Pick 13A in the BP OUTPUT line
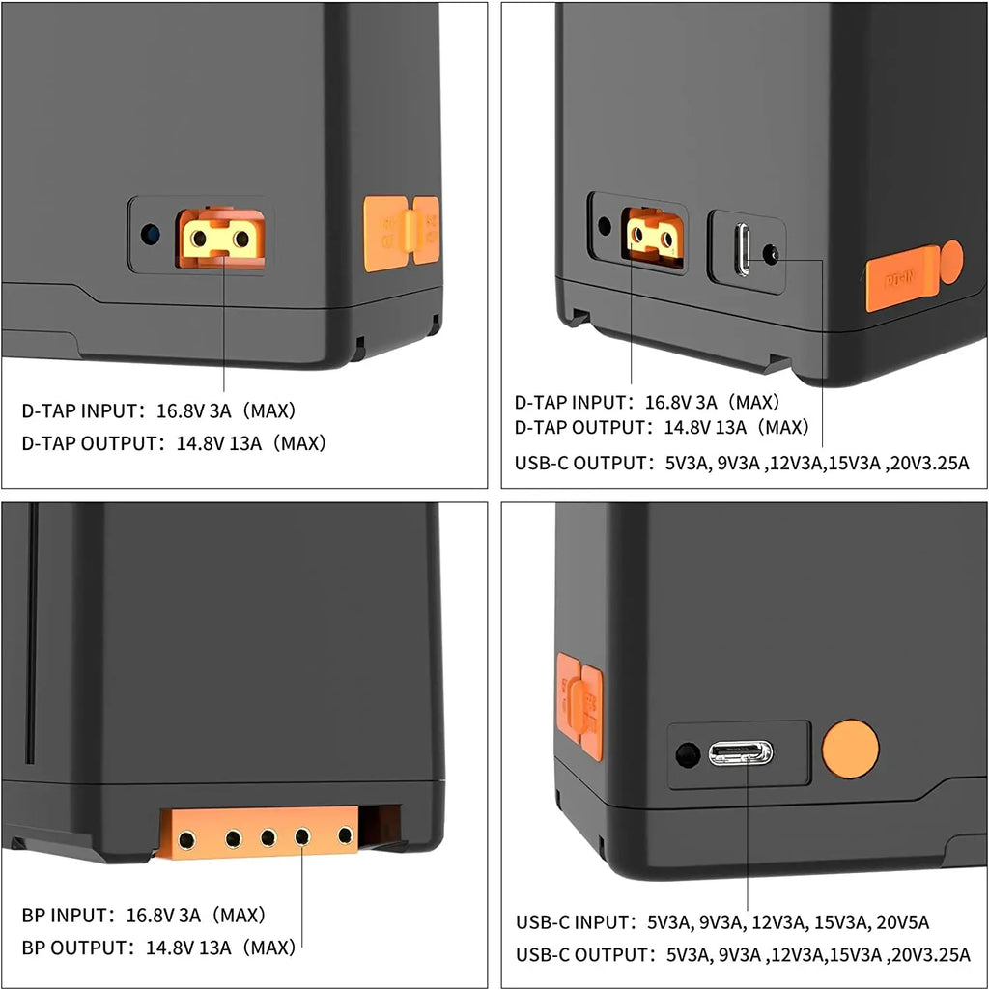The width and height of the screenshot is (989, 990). [x=215, y=948]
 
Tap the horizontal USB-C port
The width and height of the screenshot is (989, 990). [x=740, y=752]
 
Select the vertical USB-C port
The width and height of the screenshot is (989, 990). [x=744, y=249]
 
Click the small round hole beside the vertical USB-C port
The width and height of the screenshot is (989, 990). [x=771, y=254]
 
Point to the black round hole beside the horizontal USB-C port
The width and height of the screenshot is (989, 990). [x=688, y=754]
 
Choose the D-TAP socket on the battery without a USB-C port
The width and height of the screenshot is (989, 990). [x=221, y=238]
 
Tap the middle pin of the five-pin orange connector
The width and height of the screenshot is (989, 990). [x=268, y=837]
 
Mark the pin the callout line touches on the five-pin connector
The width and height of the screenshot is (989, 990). [x=302, y=837]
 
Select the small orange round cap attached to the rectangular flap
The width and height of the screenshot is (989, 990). [x=951, y=262]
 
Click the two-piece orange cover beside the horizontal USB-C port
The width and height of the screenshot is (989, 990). [x=579, y=706]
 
